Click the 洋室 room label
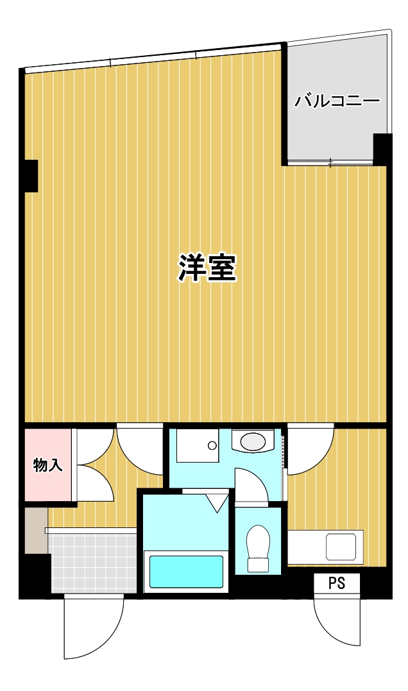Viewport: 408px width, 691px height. pos(207,268)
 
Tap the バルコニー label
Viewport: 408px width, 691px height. pos(337,101)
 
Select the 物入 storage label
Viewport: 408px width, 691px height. pos(48,465)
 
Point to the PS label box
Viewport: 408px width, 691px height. pos(337,584)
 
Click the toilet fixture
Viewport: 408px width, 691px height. pos(259,548)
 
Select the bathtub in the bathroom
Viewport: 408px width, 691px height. pos(186,572)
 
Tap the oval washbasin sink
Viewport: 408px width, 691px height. pos(252,441)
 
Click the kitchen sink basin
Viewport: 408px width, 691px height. pos(344,547)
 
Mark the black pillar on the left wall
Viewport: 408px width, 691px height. pos(30,175)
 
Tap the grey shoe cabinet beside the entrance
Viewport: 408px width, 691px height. pos(36,530)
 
